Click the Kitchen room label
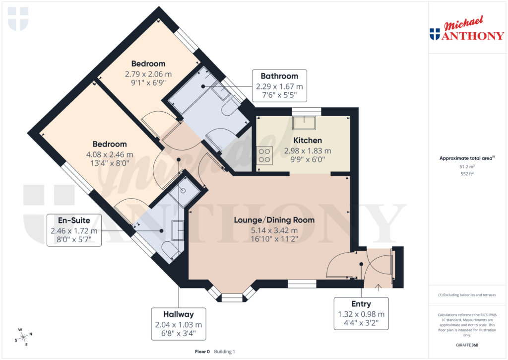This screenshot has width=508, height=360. coord(307,141)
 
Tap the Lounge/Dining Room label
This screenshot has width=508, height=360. coord(274,219)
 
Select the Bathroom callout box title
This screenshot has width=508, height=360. coord(279,76)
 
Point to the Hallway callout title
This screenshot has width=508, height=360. coord(178,314)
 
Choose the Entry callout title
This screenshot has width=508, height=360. coord(361,303)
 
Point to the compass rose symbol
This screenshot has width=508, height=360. coord(24,336)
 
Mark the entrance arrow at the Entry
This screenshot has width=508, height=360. coord(379,286)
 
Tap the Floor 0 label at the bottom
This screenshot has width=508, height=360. coord(202,352)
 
